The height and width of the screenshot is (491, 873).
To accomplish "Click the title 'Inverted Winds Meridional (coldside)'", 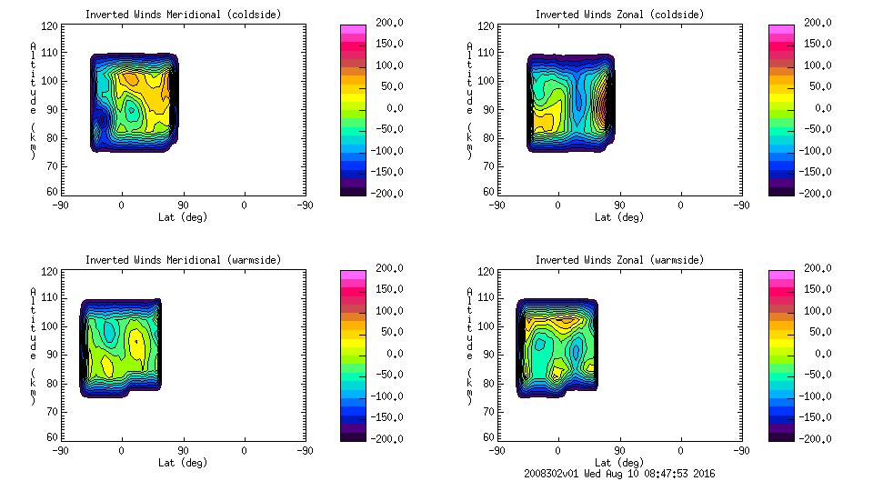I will (x=183, y=15).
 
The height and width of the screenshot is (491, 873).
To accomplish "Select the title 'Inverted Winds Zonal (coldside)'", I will (x=619, y=15).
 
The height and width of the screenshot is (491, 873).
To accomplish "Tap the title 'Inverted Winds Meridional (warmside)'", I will (x=183, y=260).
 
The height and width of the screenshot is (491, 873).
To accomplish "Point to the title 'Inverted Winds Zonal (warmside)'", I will (x=619, y=260).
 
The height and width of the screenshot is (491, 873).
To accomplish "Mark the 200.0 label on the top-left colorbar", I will (x=376, y=23).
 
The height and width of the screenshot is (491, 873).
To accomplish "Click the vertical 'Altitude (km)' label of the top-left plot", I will (x=33, y=100).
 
